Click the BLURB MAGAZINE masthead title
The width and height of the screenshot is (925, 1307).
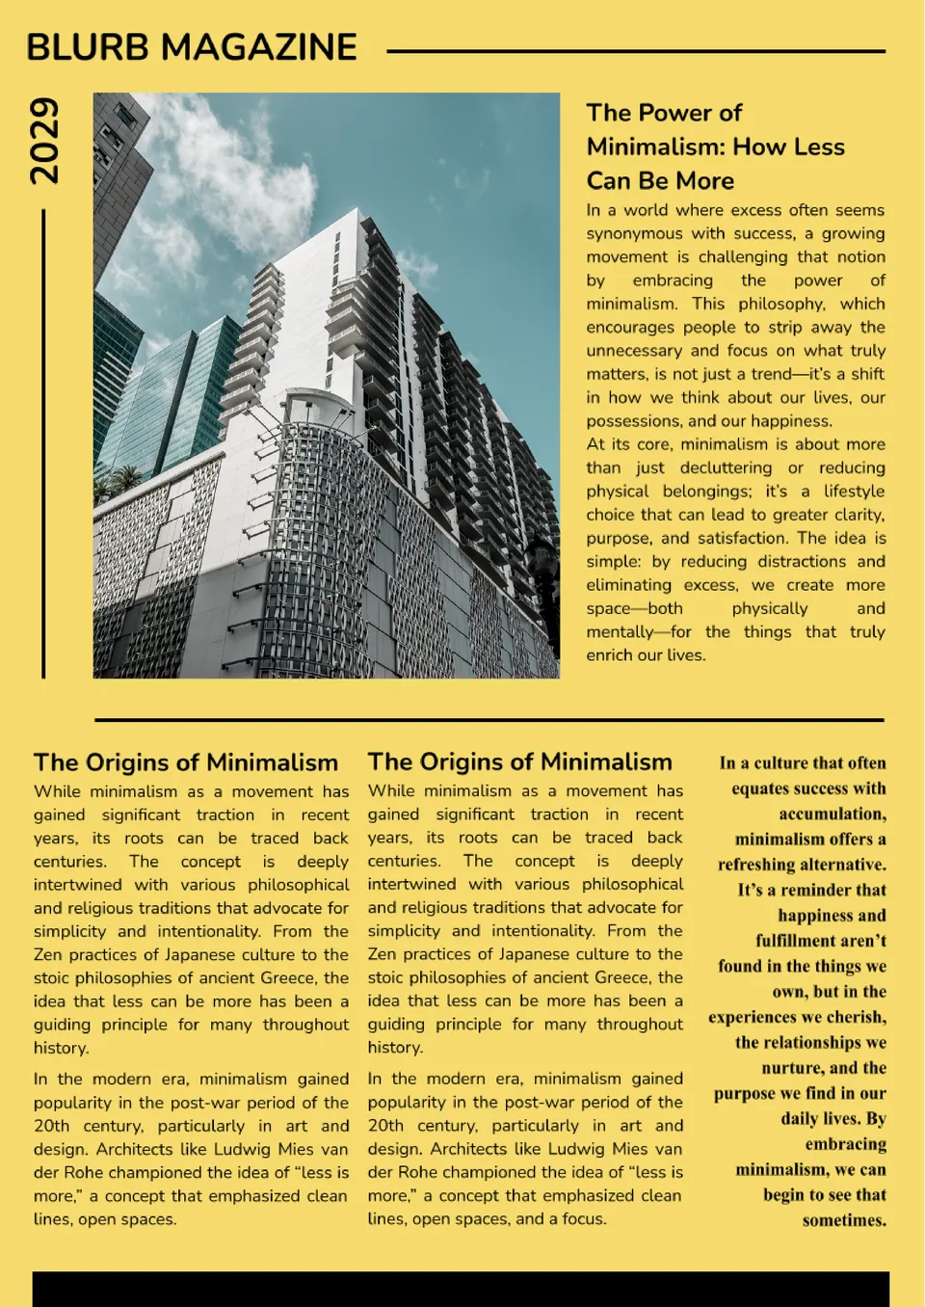click(192, 47)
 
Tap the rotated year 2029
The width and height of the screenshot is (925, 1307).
click(43, 141)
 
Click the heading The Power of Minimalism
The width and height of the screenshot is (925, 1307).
click(715, 147)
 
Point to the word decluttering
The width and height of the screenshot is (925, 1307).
click(726, 467)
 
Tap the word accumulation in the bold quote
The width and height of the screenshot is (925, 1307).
click(832, 814)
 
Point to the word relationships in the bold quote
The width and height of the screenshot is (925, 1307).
click(810, 1042)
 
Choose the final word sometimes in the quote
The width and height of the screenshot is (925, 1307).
click(844, 1220)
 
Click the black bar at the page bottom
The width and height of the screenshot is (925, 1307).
click(461, 1289)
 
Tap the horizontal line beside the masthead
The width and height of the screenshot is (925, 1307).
click(636, 51)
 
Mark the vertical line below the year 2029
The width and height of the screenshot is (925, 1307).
click(43, 443)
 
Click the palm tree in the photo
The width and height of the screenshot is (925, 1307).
click(124, 479)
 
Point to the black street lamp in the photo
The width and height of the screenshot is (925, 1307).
click(545, 578)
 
